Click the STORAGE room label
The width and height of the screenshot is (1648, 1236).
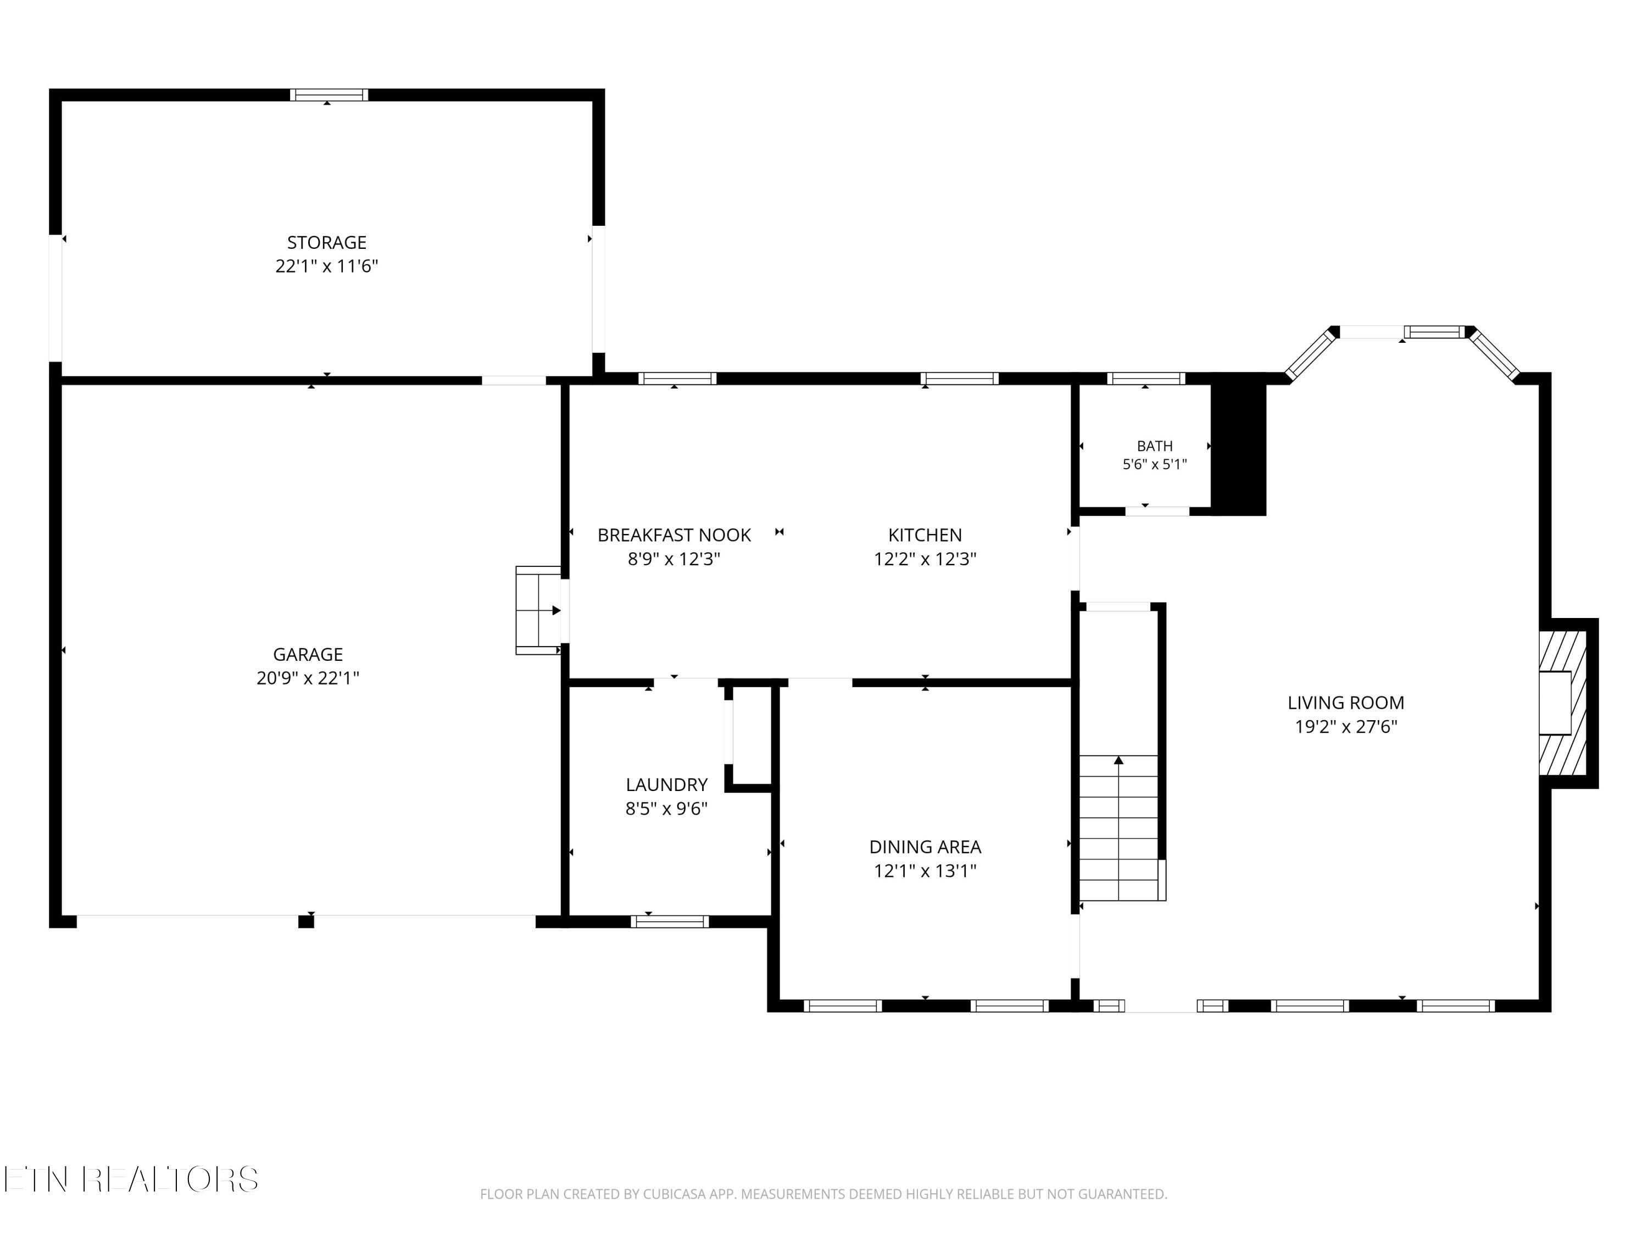point(326,242)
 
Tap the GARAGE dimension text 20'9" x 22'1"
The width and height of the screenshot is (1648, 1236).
point(308,678)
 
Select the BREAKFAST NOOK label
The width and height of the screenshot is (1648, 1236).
point(674,535)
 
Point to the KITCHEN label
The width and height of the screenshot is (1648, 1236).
point(925,535)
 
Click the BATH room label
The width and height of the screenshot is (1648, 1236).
point(1155,446)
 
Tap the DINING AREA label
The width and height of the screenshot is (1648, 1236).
point(925,847)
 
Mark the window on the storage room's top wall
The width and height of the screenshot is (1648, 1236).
point(329,94)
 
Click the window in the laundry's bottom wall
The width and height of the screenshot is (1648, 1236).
point(670,922)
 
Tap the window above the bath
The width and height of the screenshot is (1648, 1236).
point(1146,378)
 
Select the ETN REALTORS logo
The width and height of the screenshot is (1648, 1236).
point(131,1179)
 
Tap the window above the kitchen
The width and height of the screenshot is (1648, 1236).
point(960,378)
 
